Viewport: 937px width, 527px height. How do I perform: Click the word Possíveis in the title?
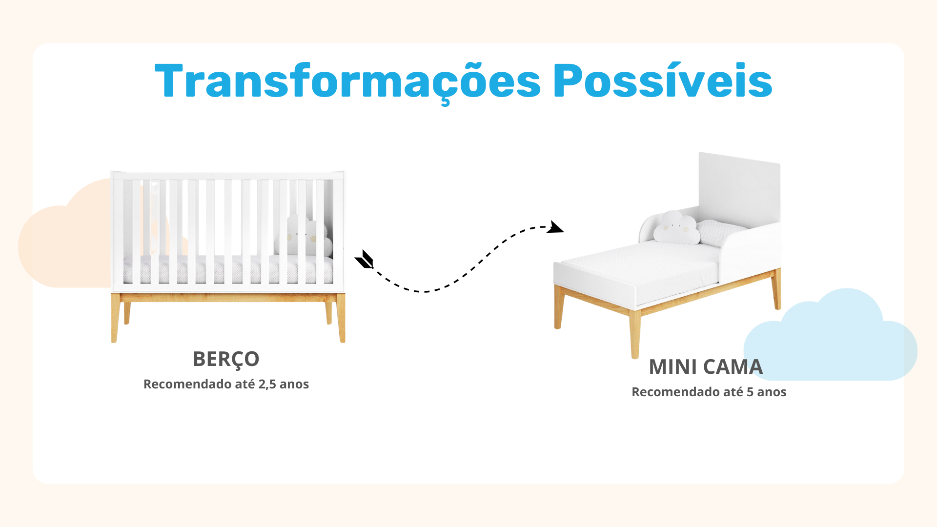(663, 80)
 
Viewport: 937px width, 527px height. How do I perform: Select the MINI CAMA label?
(706, 367)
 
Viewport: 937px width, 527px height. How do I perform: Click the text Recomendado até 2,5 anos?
(226, 384)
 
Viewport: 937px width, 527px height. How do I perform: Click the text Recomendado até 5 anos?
(709, 392)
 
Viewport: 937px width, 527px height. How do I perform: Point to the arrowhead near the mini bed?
(555, 227)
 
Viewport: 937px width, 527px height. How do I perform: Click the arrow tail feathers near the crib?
(365, 259)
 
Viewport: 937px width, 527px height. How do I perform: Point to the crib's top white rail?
(228, 175)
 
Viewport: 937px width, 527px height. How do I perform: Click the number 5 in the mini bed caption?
(750, 392)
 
